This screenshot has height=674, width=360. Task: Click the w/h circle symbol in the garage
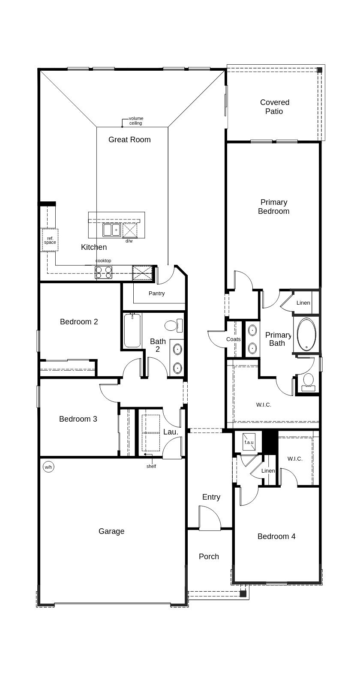point(49,467)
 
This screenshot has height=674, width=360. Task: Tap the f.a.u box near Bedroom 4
point(249,442)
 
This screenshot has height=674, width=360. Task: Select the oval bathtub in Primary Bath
point(306,334)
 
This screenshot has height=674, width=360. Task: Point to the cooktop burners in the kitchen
point(103,273)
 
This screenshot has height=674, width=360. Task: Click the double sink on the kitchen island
point(111,230)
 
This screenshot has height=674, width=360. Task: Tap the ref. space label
point(50,240)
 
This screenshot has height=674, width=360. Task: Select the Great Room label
point(129,140)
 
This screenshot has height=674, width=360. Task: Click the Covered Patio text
point(275,107)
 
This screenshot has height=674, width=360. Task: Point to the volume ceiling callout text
point(136,121)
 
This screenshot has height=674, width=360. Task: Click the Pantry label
point(157,294)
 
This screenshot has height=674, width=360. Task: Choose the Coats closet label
point(234,339)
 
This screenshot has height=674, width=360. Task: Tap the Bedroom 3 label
point(78,419)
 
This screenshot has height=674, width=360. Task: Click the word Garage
point(111,531)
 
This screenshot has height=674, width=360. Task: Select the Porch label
point(209,557)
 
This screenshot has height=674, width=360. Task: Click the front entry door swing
point(210,518)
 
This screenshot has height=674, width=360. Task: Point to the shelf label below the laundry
point(151,466)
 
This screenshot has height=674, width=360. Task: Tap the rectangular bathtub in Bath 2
point(132,331)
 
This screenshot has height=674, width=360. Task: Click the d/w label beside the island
point(129,241)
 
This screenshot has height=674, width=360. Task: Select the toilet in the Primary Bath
point(308,382)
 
